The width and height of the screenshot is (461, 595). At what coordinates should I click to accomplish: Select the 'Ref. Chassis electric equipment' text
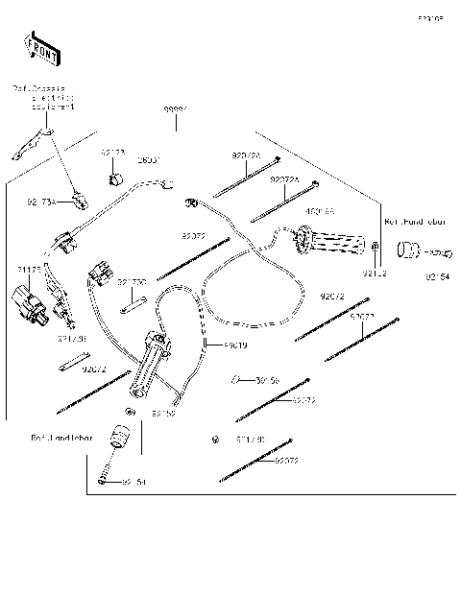(44, 97)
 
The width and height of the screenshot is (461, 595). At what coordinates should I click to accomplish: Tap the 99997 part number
(175, 110)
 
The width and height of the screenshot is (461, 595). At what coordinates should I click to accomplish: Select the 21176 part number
(29, 271)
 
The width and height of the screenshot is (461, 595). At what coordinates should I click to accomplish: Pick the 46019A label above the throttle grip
(320, 211)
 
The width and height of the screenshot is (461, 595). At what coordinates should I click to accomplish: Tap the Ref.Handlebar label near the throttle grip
(416, 221)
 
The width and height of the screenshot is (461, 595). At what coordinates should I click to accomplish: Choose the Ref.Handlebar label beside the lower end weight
(61, 437)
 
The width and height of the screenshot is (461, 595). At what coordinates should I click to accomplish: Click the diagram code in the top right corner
(429, 18)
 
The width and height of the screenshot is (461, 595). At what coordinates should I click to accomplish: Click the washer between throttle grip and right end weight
(377, 253)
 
